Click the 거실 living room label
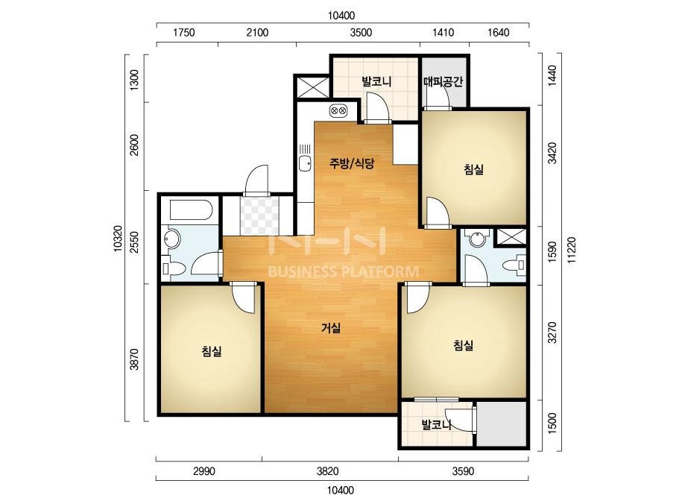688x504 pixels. (x=331, y=328)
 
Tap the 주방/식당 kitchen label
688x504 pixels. (x=352, y=164)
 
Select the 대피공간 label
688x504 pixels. (x=444, y=82)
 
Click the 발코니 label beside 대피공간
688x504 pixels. (x=376, y=81)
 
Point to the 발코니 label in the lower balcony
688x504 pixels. (x=437, y=424)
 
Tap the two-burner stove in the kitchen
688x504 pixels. (x=338, y=110)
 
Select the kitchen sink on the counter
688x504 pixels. (x=305, y=163)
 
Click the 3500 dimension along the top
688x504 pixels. (x=361, y=33)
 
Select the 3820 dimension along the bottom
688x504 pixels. (x=327, y=471)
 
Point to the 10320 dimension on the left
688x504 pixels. (x=117, y=239)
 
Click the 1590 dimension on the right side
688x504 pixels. (x=552, y=251)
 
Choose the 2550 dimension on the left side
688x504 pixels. (x=134, y=242)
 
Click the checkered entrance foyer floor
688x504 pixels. (x=259, y=215)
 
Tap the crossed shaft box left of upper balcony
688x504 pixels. (x=313, y=86)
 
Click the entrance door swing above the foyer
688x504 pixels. (x=256, y=180)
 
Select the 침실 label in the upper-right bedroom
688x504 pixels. (x=473, y=169)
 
